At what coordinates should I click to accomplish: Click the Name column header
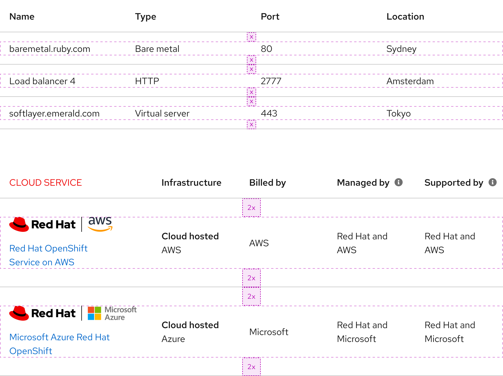tap(22, 17)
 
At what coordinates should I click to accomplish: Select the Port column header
tap(270, 17)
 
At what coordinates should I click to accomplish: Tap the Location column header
tap(405, 17)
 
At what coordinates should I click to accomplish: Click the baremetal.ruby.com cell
tap(50, 49)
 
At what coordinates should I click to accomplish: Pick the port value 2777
tap(271, 81)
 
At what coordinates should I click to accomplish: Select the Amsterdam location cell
tap(410, 81)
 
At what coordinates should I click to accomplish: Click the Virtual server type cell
tap(162, 113)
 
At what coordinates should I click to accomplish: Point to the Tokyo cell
tap(398, 113)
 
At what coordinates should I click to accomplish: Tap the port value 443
tap(269, 113)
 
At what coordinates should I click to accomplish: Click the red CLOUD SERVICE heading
tap(46, 183)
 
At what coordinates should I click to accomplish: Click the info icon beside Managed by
tap(398, 182)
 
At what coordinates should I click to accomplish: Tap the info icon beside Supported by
tap(492, 182)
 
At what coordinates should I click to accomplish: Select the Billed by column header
tap(267, 183)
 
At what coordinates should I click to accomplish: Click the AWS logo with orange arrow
tap(100, 224)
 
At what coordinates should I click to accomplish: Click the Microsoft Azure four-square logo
tap(95, 313)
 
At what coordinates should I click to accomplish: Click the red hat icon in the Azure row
tap(19, 313)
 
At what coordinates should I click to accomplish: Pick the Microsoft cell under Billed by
tap(269, 332)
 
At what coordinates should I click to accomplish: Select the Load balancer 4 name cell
tap(42, 81)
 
